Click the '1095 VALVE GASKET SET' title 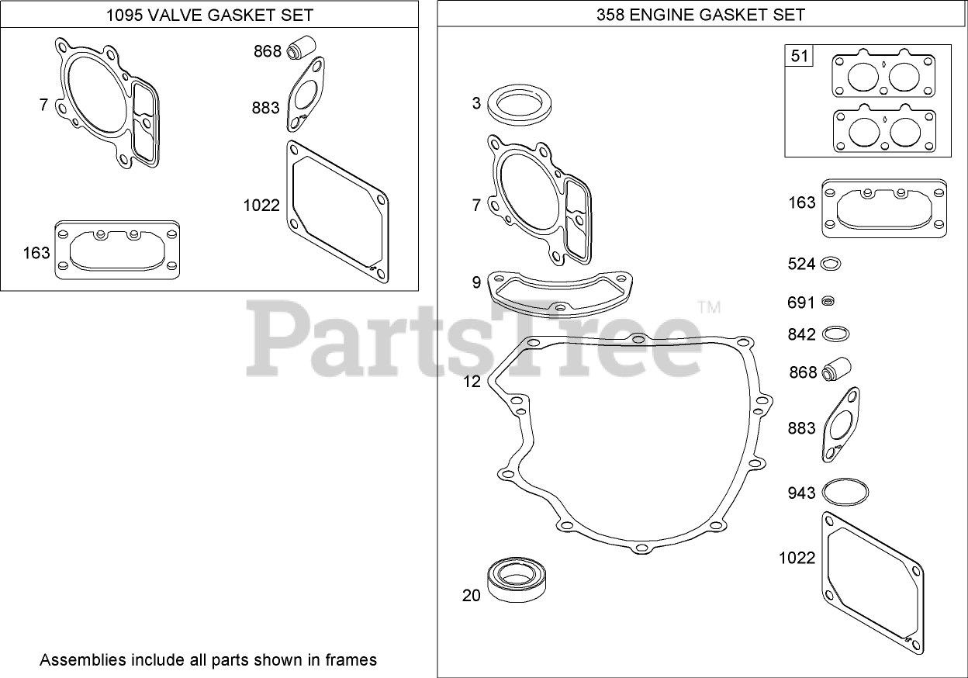point(209,15)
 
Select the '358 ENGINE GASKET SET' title point(701,15)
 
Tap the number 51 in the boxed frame point(799,56)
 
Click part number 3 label point(476,103)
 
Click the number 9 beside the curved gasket point(476,282)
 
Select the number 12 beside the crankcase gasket point(472,382)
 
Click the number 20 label point(472,596)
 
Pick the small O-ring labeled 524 point(831,258)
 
